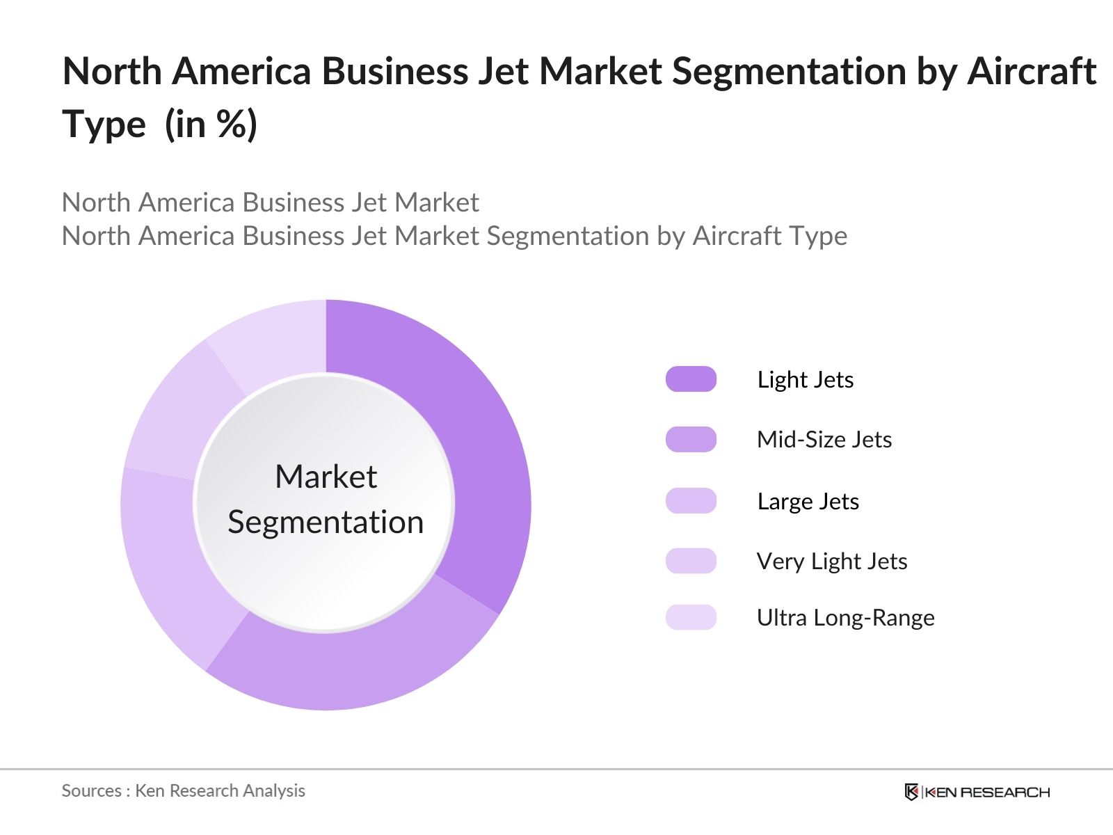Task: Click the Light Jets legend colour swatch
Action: pyautogui.click(x=691, y=379)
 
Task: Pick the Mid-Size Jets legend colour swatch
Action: pyautogui.click(x=691, y=440)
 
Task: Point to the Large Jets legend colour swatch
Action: pyautogui.click(x=691, y=501)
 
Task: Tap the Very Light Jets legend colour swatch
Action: pyautogui.click(x=691, y=561)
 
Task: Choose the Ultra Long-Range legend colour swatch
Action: pyautogui.click(x=691, y=617)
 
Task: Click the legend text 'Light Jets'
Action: pyautogui.click(x=805, y=380)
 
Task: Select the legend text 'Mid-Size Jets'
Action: pyautogui.click(x=824, y=440)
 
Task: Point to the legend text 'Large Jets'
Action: pyautogui.click(x=808, y=502)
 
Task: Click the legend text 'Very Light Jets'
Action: pyautogui.click(x=832, y=562)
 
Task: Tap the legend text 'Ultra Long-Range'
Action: pyautogui.click(x=845, y=618)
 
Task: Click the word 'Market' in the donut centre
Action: pyautogui.click(x=326, y=477)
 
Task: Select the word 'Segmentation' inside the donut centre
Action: pyautogui.click(x=326, y=522)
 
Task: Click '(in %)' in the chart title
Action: pyautogui.click(x=211, y=125)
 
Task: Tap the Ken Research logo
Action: pyautogui.click(x=977, y=792)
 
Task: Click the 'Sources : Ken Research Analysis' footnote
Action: pyautogui.click(x=183, y=791)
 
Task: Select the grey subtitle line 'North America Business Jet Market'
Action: pyautogui.click(x=270, y=202)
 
